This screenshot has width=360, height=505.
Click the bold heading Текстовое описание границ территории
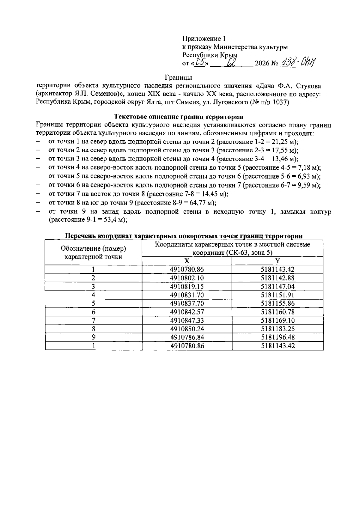point(178,117)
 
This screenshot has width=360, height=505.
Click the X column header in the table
point(187,261)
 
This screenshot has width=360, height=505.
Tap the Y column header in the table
point(277,261)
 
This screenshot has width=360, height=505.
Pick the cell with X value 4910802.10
point(187,278)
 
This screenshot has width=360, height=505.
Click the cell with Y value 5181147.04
point(277,286)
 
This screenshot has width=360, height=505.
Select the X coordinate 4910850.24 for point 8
point(187,329)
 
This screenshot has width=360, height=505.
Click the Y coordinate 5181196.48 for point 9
point(277,337)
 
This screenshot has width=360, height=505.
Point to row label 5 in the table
point(93,303)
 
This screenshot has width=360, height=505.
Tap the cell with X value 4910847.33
point(187,320)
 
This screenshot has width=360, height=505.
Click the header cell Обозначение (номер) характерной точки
point(93,252)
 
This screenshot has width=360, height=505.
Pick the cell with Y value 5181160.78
point(277,312)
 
